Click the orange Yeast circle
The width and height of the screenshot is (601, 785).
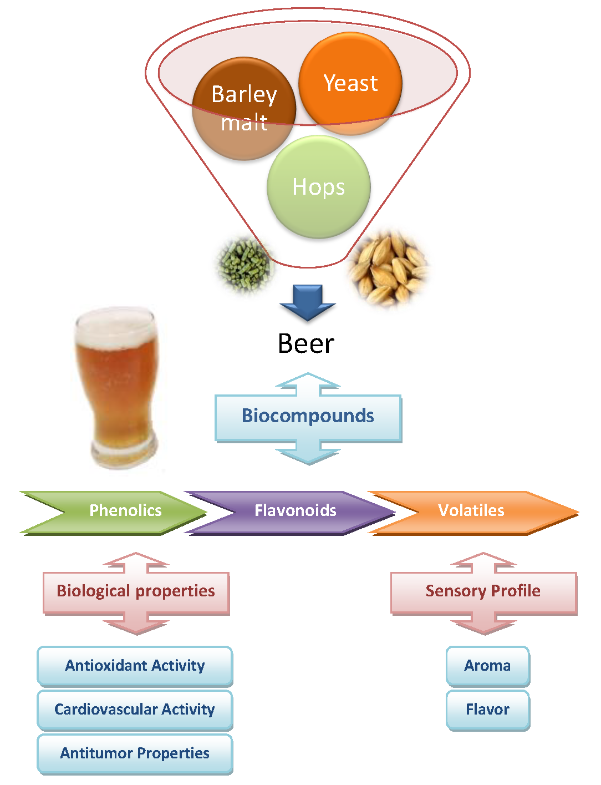point(350,83)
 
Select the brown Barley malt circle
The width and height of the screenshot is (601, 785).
point(244,109)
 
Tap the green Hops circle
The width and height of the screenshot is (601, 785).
point(319,187)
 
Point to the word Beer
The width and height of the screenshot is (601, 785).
point(306,343)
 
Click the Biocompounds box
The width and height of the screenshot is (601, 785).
point(308,416)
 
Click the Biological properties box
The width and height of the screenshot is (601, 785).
point(136,591)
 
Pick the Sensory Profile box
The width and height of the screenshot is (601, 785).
point(483,591)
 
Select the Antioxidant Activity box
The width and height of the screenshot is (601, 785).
point(135,666)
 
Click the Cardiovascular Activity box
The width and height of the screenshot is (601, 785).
point(135,710)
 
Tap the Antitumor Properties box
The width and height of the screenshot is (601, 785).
point(135,753)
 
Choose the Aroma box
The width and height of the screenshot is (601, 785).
point(487,666)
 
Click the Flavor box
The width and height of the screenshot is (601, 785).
point(487,710)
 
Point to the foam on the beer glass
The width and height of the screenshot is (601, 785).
point(115,327)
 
